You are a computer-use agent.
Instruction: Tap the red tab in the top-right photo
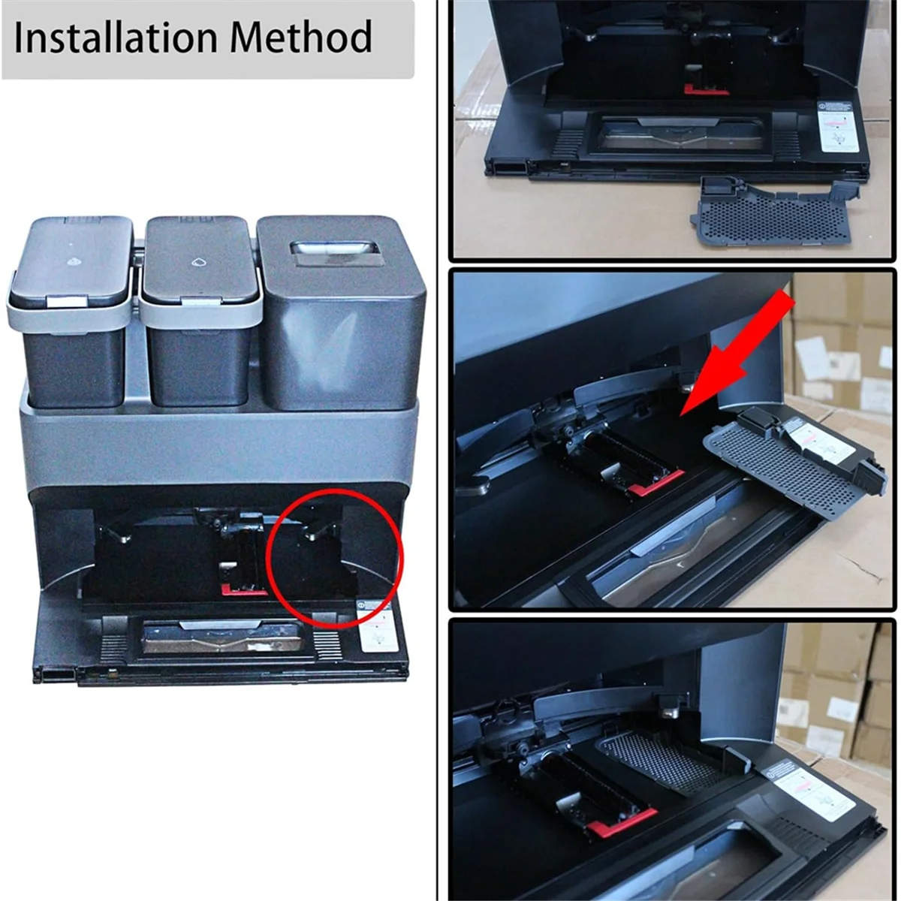(706, 90)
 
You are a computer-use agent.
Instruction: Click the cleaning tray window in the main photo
(221, 638)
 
